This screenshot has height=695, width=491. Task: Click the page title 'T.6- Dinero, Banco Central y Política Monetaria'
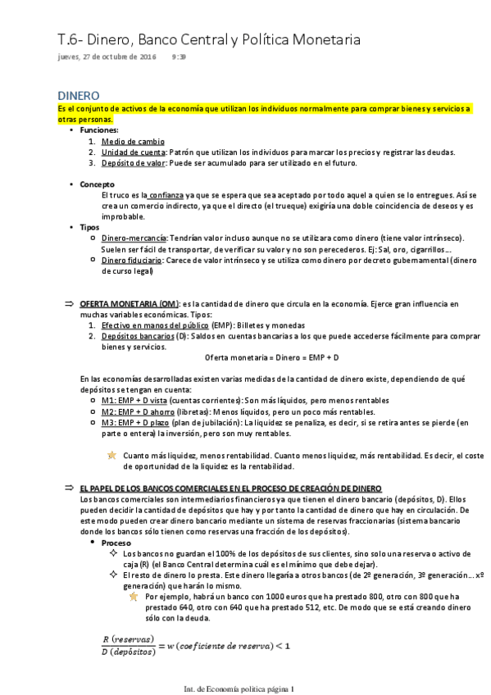(209, 40)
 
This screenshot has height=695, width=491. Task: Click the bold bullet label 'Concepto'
(97, 184)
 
